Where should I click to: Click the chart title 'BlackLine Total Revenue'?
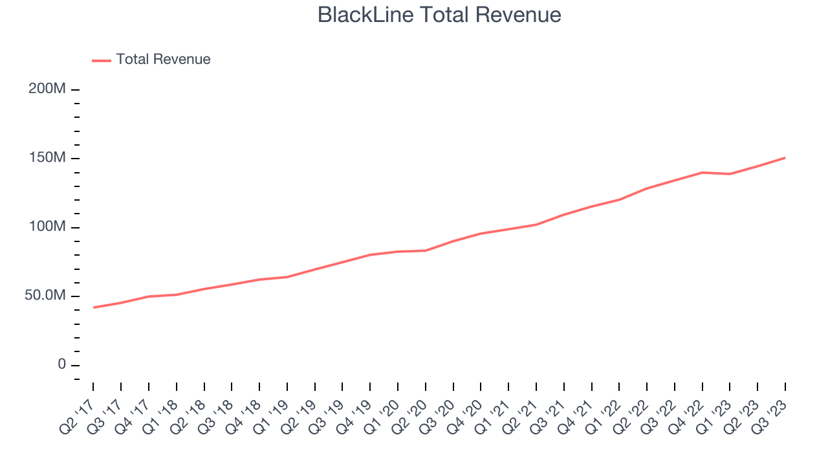pos(439,15)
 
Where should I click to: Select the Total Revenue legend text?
pos(163,60)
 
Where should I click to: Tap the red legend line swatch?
pos(102,60)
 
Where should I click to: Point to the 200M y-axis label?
pos(47,89)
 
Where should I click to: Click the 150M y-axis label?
pos(47,159)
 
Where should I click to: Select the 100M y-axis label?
pos(47,227)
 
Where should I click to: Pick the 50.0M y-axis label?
pos(45,296)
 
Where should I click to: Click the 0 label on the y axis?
pos(61,365)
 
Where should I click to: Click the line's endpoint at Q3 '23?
pos(785,157)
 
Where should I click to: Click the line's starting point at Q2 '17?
pos(93,307)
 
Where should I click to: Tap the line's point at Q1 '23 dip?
pos(730,174)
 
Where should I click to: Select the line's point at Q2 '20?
pos(425,250)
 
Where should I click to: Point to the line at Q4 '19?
pos(370,254)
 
